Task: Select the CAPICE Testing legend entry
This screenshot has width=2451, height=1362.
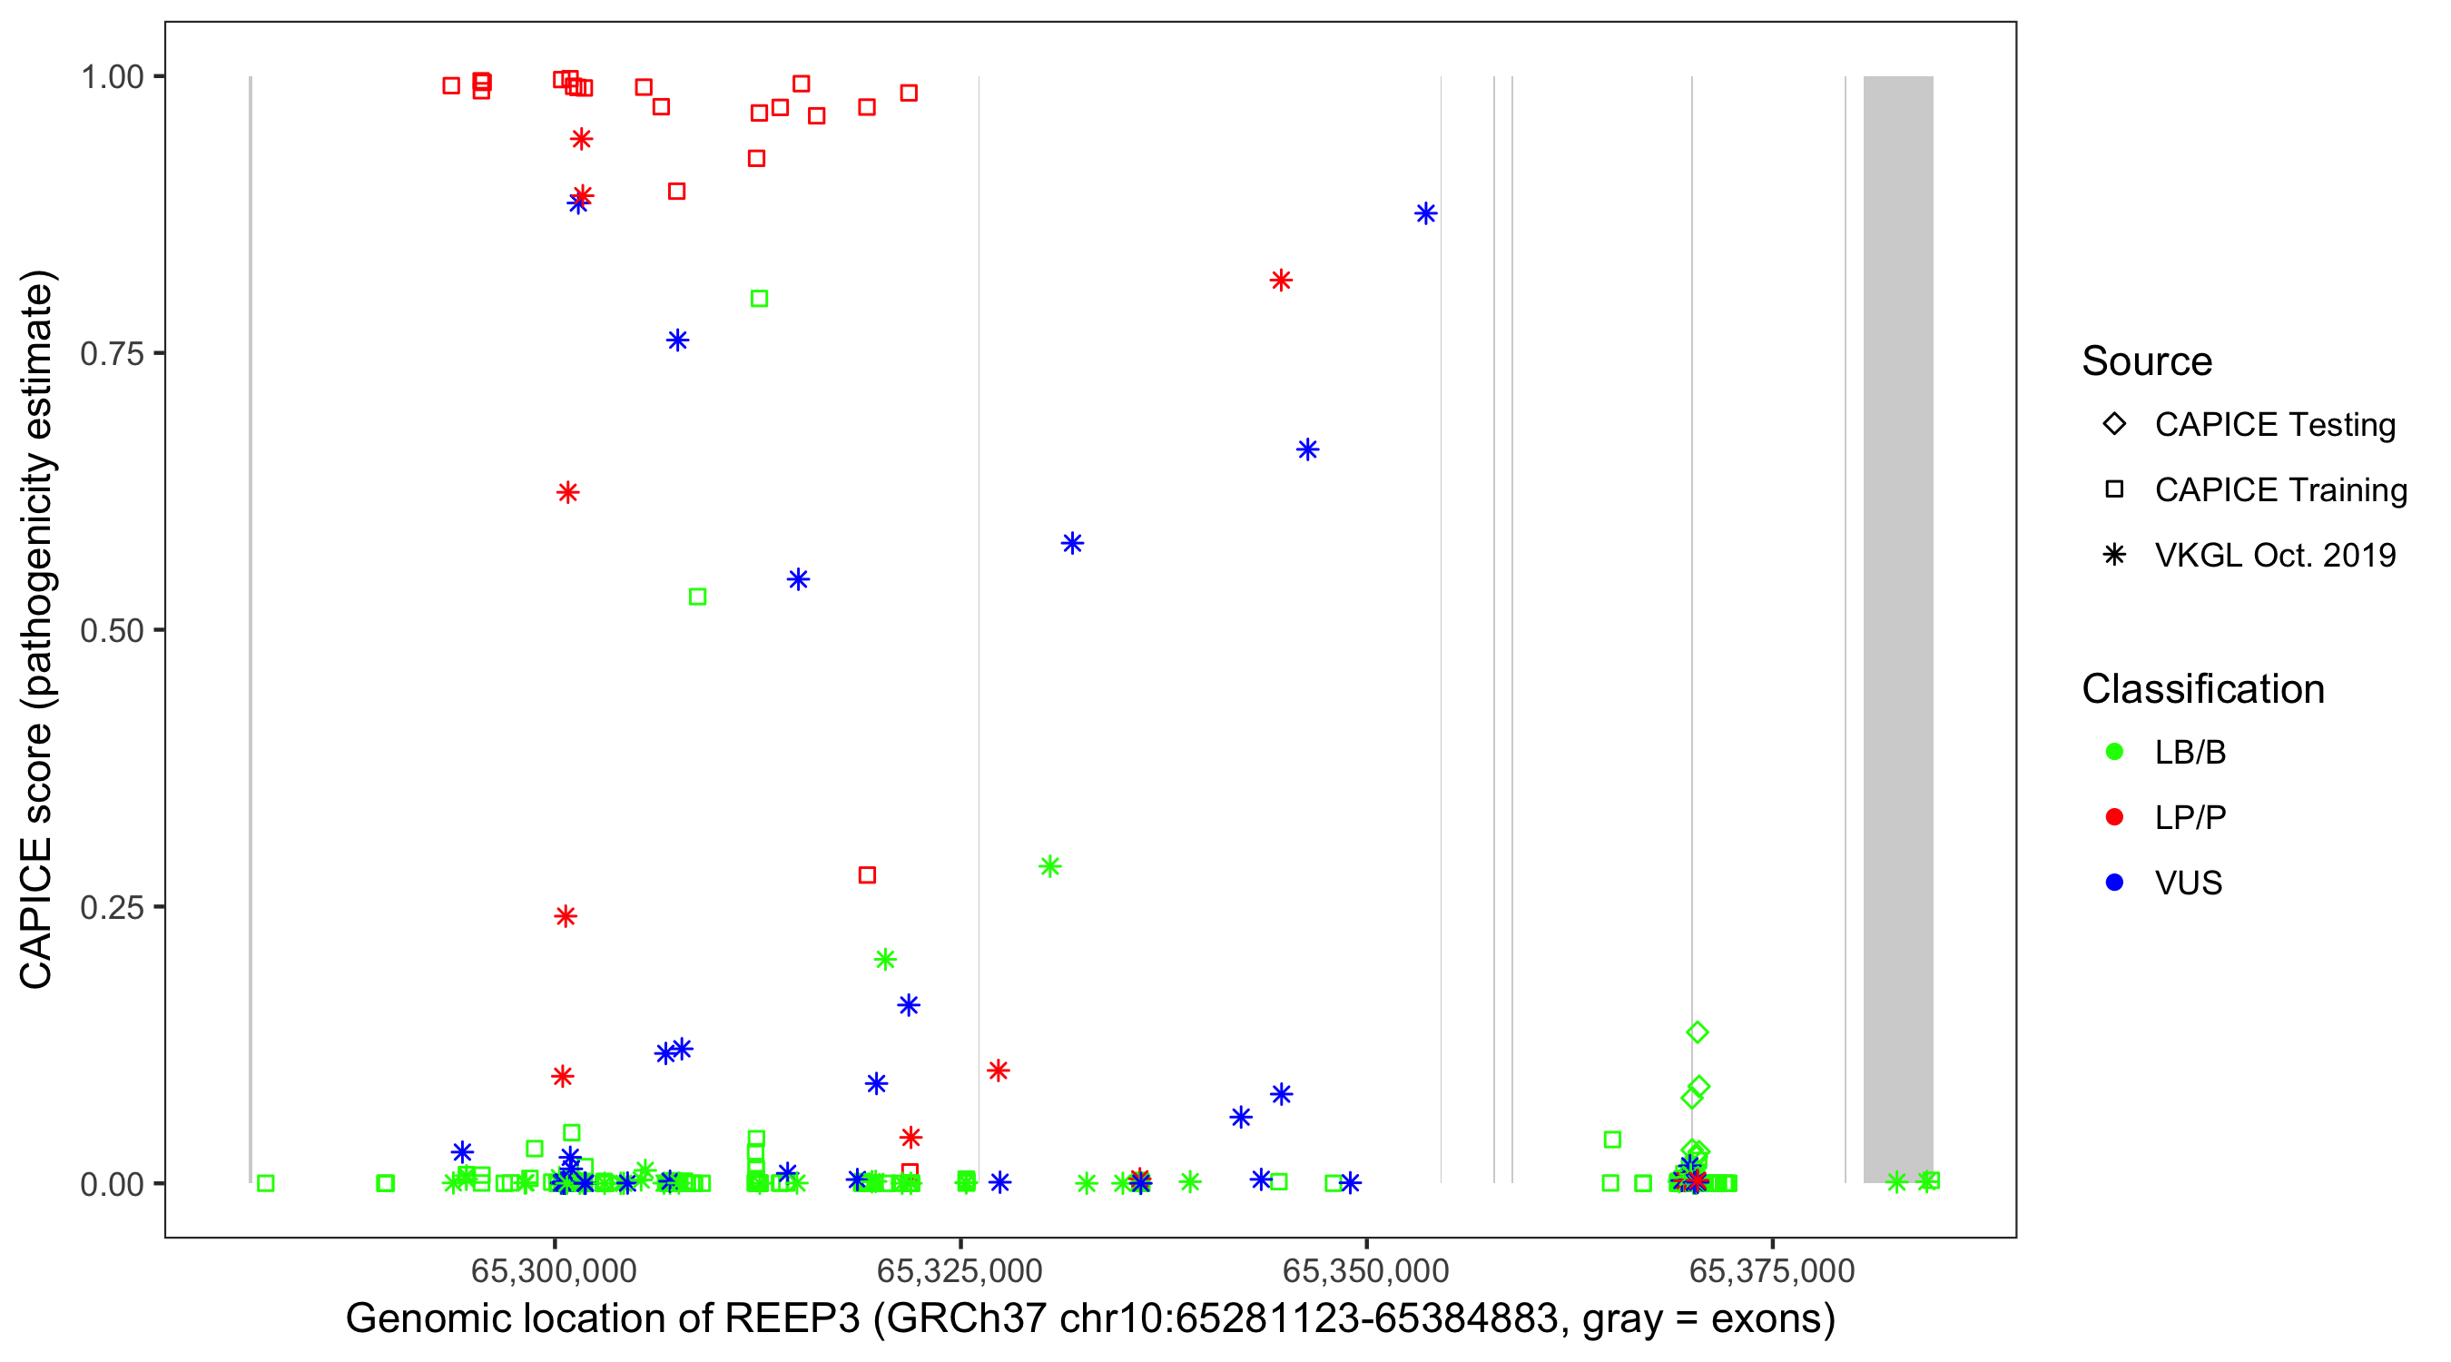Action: pos(2274,425)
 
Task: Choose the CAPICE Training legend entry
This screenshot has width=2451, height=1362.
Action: pos(2279,490)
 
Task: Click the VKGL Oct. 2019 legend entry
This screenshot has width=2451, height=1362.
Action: pos(2274,555)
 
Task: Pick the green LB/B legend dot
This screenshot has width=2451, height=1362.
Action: pos(2114,752)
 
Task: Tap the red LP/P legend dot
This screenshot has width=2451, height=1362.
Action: pos(2114,817)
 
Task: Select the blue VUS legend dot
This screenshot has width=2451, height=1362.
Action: pos(2114,883)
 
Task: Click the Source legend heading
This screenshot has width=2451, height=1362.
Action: pos(2146,361)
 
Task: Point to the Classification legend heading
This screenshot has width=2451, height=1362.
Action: pos(2201,689)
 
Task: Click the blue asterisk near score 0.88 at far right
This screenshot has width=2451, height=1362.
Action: pos(1424,213)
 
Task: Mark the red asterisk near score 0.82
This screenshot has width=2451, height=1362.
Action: pos(1280,280)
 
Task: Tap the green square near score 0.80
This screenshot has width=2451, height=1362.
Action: pos(758,299)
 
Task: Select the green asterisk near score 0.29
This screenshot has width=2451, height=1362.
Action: pos(1048,866)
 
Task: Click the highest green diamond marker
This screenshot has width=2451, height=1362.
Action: pos(1697,1031)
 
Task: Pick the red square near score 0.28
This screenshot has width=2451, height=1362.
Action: pos(866,874)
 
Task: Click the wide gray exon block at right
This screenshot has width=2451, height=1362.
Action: pos(1897,628)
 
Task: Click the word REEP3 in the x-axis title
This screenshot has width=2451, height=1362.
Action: pos(792,1319)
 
